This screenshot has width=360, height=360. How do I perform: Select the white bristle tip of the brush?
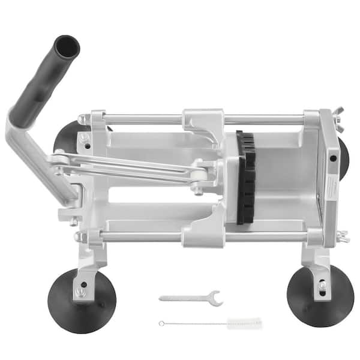click(245, 322)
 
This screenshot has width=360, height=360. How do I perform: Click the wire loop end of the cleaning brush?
click(161, 323)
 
